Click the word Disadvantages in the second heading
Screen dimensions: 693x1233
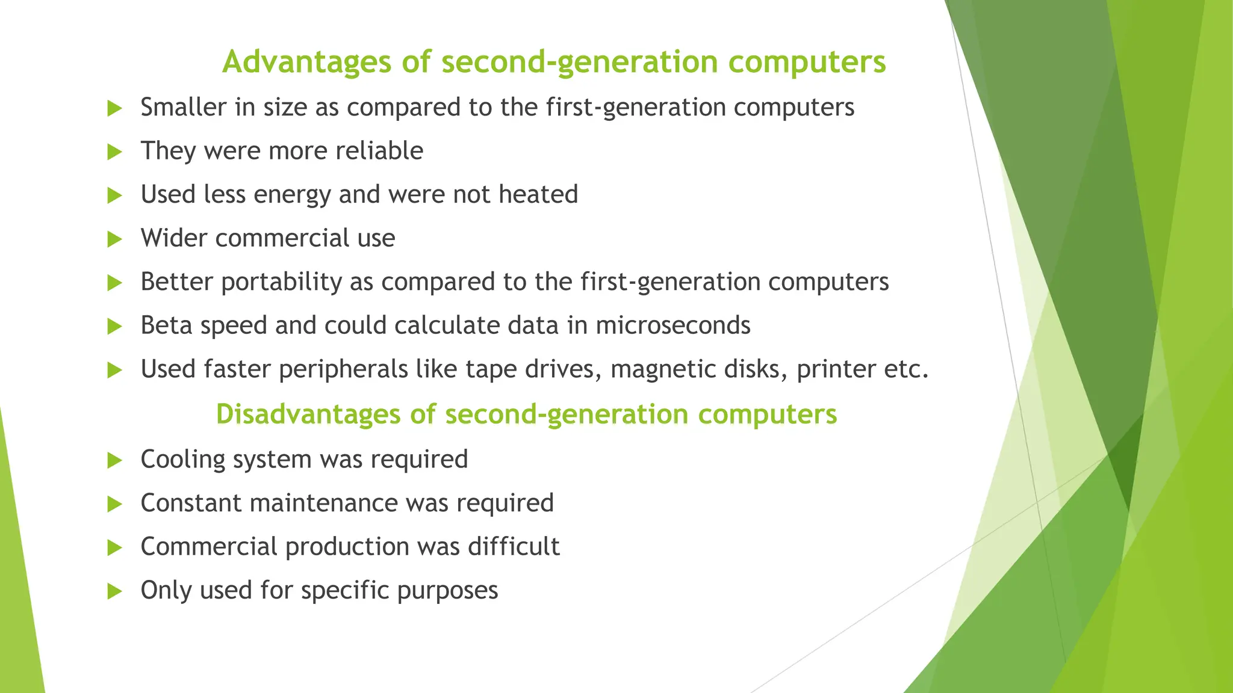click(308, 414)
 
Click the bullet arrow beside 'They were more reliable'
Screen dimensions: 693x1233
click(114, 152)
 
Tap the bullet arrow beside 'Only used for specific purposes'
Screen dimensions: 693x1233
click(114, 591)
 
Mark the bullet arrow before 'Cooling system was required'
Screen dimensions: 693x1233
click(114, 461)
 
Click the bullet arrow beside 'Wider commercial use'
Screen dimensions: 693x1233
click(114, 239)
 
